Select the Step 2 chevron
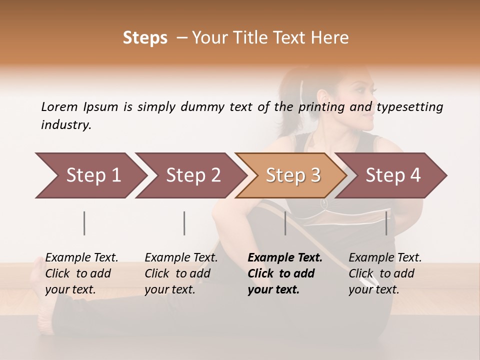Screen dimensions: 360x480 tap(190, 175)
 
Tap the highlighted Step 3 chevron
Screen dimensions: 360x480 tap(291, 175)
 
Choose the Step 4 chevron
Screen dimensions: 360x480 tap(391, 175)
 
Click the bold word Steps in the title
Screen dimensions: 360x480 tap(145, 38)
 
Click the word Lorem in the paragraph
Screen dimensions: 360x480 tap(59, 106)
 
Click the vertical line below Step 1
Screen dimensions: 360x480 tap(84, 223)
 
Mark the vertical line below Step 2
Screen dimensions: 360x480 tap(184, 223)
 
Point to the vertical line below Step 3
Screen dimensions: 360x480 tap(285, 223)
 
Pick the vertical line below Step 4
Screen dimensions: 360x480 tap(386, 223)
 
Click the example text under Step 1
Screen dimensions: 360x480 tap(81, 273)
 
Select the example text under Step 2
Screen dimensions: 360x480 tap(180, 273)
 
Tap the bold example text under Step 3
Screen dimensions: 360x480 tap(284, 273)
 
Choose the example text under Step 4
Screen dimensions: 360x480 tap(384, 273)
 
